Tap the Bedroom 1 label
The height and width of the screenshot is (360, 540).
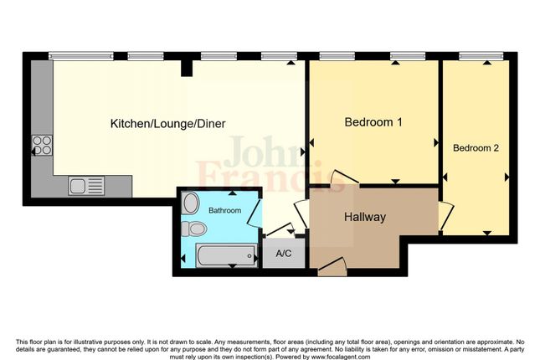point(373,122)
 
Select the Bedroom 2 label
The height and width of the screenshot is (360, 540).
point(476,148)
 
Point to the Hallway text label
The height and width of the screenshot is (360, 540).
point(364,218)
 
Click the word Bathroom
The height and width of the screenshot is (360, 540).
point(224,210)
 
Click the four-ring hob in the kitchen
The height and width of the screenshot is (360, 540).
point(43,147)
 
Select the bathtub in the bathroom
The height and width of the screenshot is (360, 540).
point(224,255)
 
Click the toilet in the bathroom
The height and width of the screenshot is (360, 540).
point(197,229)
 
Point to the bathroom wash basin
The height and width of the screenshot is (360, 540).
point(190,203)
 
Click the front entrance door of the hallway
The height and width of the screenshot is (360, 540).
point(332,265)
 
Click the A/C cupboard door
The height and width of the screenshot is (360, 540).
point(280,231)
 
